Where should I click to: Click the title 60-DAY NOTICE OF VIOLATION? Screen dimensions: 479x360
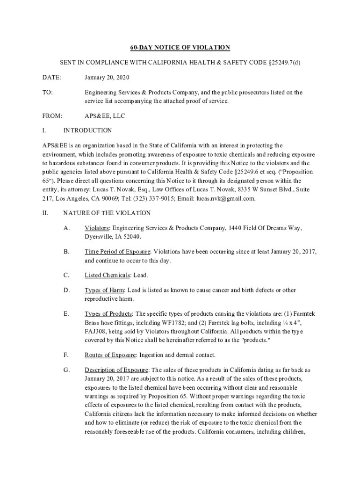click(x=180, y=47)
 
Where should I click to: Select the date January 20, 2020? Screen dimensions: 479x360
click(x=107, y=77)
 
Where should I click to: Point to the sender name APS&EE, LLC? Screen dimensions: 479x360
click(x=105, y=116)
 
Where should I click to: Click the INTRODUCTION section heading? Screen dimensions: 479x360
click(x=87, y=131)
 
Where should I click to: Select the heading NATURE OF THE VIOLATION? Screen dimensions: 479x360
click(x=107, y=213)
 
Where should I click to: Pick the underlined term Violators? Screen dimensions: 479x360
click(x=97, y=228)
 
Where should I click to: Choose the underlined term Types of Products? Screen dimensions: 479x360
click(x=108, y=313)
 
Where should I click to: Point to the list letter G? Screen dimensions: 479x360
click(x=66, y=370)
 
